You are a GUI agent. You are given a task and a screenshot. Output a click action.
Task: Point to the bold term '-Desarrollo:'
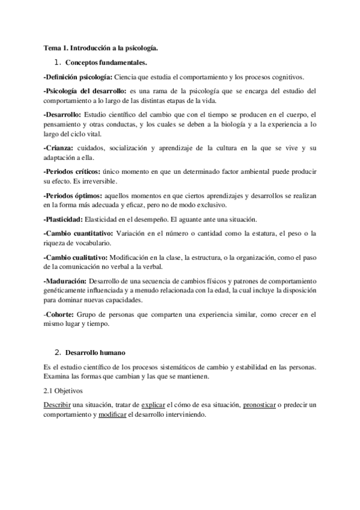pos(63,114)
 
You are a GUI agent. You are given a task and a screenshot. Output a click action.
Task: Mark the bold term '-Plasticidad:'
pos(64,218)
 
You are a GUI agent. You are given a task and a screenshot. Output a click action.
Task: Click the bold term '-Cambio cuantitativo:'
pos(77,233)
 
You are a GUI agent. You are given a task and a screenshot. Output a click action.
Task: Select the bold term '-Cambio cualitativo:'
pos(75,257)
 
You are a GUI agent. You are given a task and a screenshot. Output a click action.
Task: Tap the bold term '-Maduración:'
pos(65,281)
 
